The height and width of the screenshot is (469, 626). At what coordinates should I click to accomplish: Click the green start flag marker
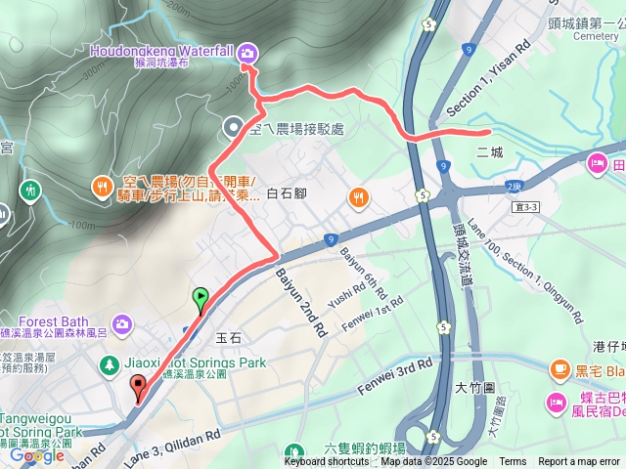click(201, 296)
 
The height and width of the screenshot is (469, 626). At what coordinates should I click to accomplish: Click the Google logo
click(36, 455)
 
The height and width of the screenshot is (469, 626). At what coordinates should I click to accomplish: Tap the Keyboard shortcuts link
click(327, 462)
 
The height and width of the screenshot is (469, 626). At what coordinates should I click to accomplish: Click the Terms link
click(513, 462)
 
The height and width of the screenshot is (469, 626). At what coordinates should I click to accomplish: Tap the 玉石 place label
click(228, 338)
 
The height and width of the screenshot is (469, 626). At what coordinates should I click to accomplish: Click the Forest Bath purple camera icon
click(122, 322)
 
